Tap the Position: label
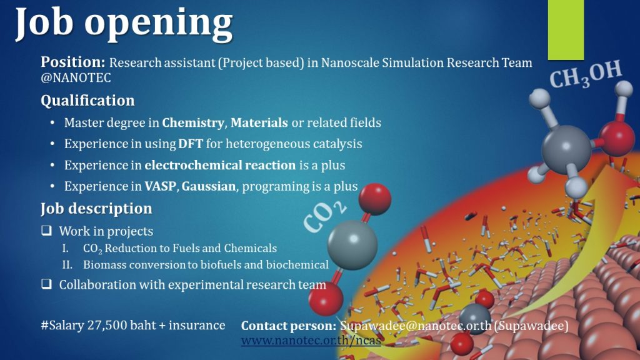pyautogui.click(x=73, y=62)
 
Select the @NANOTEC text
pyautogui.click(x=76, y=77)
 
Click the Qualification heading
pyautogui.click(x=87, y=101)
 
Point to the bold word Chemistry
pyautogui.click(x=193, y=123)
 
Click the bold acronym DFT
pyautogui.click(x=190, y=144)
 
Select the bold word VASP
pyautogui.click(x=161, y=186)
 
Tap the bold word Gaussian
pyautogui.click(x=209, y=186)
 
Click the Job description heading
pyautogui.click(x=96, y=209)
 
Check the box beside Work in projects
pyautogui.click(x=46, y=231)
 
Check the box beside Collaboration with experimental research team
pyautogui.click(x=46, y=284)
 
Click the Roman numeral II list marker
pyautogui.click(x=67, y=264)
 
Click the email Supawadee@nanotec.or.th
pyautogui.click(x=416, y=326)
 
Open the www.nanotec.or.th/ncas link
pyautogui.click(x=311, y=340)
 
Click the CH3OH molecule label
pyautogui.click(x=585, y=74)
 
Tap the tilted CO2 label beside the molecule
pyautogui.click(x=325, y=217)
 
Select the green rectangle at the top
pyautogui.click(x=566, y=30)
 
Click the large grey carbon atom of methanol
pyautogui.click(x=566, y=149)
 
